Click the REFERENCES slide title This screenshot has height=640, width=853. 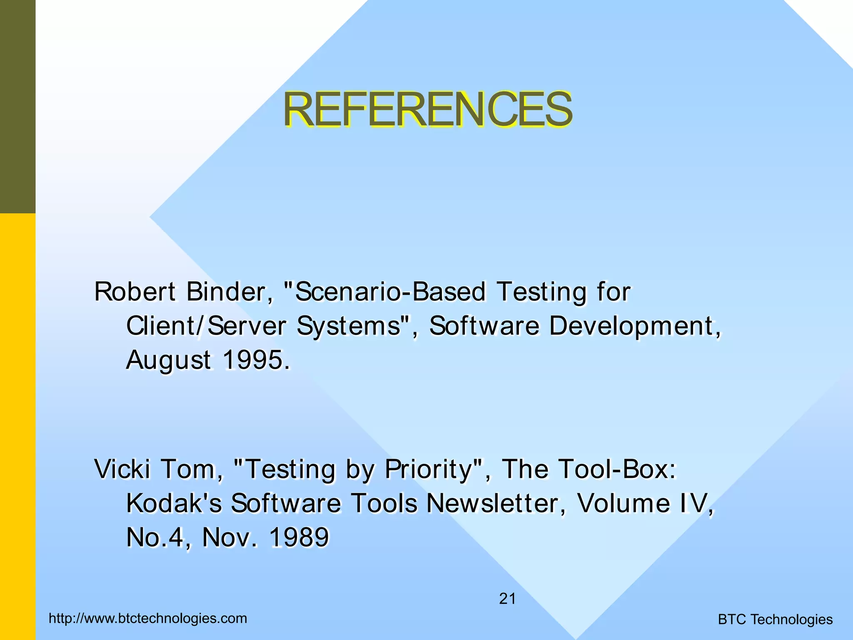428,109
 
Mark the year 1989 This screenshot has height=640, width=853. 299,537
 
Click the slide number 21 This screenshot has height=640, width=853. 507,599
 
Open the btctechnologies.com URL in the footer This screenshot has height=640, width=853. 148,618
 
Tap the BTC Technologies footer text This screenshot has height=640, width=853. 775,620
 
